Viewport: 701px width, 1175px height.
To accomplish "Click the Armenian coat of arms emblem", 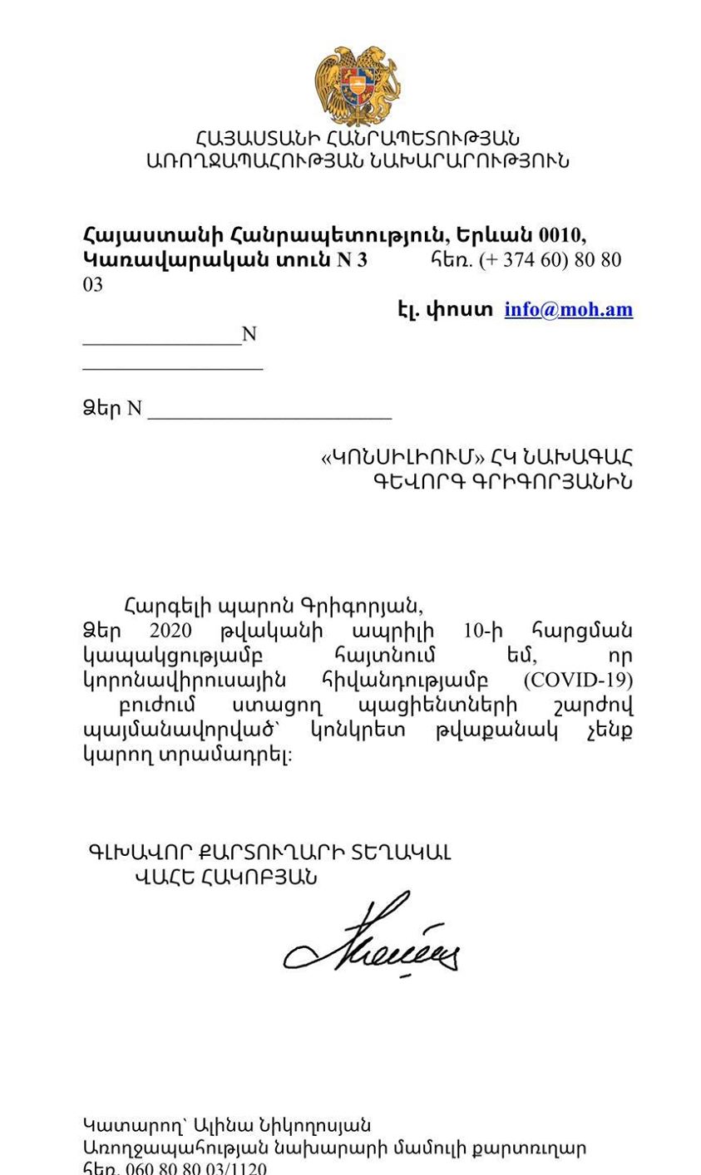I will pos(358,86).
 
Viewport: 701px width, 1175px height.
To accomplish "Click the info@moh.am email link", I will pos(568,309).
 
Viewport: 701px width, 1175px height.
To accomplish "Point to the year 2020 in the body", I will pos(170,630).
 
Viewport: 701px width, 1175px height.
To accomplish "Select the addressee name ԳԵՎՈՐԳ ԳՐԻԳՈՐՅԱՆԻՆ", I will pos(501,481).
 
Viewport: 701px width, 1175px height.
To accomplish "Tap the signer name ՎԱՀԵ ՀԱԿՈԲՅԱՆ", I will pos(225,878).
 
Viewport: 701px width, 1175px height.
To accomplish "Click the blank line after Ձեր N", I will pos(269,413).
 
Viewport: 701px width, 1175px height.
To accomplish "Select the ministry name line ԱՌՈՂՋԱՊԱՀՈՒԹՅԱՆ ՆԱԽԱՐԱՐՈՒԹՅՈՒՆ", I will pos(358,161).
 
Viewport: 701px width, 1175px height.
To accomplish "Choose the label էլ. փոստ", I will pos(445,309).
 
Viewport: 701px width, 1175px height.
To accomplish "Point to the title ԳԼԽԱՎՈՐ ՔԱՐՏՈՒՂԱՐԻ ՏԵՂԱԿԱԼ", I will pos(269,853).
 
